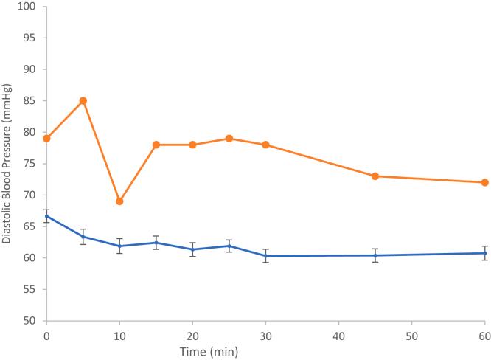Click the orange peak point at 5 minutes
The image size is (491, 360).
pos(83,100)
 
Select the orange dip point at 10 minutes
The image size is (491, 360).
pos(119,201)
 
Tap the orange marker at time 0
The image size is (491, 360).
pos(47,139)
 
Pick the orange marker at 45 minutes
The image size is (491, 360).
pos(375,176)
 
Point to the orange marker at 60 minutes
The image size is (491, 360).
pos(484,182)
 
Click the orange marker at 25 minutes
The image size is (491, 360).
pos(229,139)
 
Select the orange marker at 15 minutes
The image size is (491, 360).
pos(156,145)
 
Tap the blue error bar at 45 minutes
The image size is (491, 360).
pos(375,255)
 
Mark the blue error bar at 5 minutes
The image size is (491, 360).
pos(83,237)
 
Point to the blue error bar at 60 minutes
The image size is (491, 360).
pos(484,253)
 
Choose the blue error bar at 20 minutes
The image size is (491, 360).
pos(192,249)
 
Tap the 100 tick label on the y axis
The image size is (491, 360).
pos(27,7)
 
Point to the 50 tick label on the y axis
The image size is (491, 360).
pos(29,321)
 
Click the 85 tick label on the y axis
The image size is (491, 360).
pos(29,101)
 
